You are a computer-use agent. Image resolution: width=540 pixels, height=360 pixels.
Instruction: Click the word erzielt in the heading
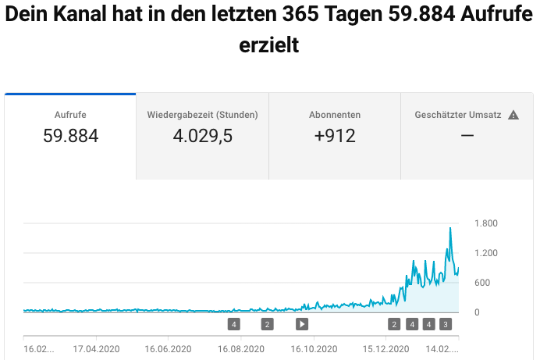tap(269, 46)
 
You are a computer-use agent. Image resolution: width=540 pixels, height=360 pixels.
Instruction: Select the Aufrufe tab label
tap(70, 115)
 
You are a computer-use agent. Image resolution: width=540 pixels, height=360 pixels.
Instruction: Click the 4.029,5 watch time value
tap(203, 136)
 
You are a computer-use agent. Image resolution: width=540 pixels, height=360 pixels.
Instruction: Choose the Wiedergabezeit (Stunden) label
tap(203, 115)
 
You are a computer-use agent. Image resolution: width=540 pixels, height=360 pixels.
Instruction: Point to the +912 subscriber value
tap(335, 136)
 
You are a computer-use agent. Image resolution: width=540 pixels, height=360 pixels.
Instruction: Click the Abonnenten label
tap(335, 115)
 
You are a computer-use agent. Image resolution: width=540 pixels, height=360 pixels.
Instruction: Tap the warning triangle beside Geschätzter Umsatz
tap(513, 115)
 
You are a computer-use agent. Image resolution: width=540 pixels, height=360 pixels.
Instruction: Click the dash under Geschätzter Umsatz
tap(467, 136)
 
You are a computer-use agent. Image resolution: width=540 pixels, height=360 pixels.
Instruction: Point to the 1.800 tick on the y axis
tap(486, 223)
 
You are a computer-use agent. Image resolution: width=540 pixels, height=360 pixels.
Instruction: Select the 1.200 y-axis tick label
tap(486, 253)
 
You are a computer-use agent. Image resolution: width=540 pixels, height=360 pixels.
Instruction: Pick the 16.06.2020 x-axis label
tap(168, 349)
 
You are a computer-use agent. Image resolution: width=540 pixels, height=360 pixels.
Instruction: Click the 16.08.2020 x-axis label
tap(240, 349)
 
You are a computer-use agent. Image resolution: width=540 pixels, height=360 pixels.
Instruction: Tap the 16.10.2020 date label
tap(314, 349)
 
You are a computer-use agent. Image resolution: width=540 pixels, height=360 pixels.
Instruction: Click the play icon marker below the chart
tap(302, 324)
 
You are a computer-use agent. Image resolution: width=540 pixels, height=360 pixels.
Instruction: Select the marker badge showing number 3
tap(446, 324)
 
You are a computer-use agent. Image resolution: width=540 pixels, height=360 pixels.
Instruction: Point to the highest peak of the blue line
tap(450, 228)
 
